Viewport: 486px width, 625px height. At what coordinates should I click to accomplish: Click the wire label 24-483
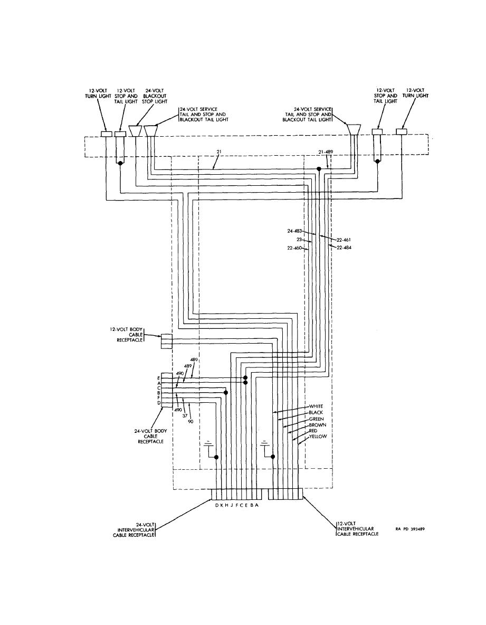coord(295,231)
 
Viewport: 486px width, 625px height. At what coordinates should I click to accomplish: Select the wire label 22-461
coord(344,240)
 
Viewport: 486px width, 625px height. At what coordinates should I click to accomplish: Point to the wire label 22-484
coord(344,248)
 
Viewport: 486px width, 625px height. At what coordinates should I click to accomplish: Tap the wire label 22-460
coord(295,248)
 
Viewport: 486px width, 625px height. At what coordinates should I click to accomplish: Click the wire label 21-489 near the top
coord(326,152)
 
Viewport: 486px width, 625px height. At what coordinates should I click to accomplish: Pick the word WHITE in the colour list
coord(316,406)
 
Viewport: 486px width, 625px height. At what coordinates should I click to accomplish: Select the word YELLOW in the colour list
coord(318,437)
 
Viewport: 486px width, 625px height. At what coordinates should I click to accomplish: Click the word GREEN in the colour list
coord(316,419)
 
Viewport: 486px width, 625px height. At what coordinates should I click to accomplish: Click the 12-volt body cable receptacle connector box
coord(167,341)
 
